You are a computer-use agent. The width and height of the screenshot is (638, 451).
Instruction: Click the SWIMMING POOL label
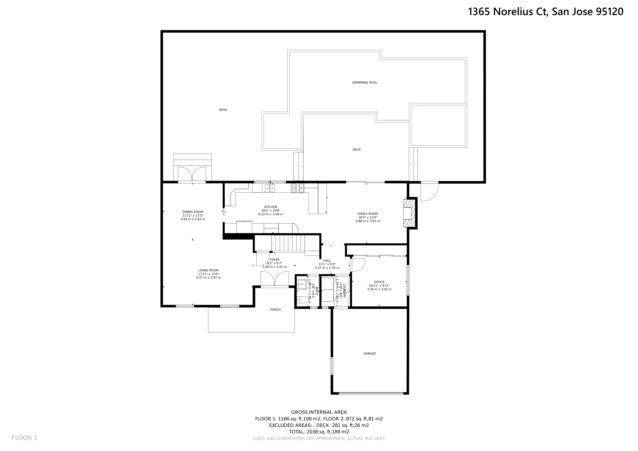pos(365,82)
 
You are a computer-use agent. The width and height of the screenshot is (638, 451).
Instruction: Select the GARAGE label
pos(370,354)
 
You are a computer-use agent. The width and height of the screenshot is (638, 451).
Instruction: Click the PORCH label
pos(275,310)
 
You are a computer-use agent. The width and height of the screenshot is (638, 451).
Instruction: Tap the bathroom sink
pos(302,284)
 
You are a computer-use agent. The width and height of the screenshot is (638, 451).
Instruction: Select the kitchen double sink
pos(270,189)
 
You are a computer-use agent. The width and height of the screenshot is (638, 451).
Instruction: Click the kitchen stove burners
pos(298,188)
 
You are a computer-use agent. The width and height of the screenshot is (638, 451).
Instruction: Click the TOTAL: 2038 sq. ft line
pos(319,432)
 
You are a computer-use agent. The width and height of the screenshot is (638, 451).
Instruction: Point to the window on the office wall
pos(408,280)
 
